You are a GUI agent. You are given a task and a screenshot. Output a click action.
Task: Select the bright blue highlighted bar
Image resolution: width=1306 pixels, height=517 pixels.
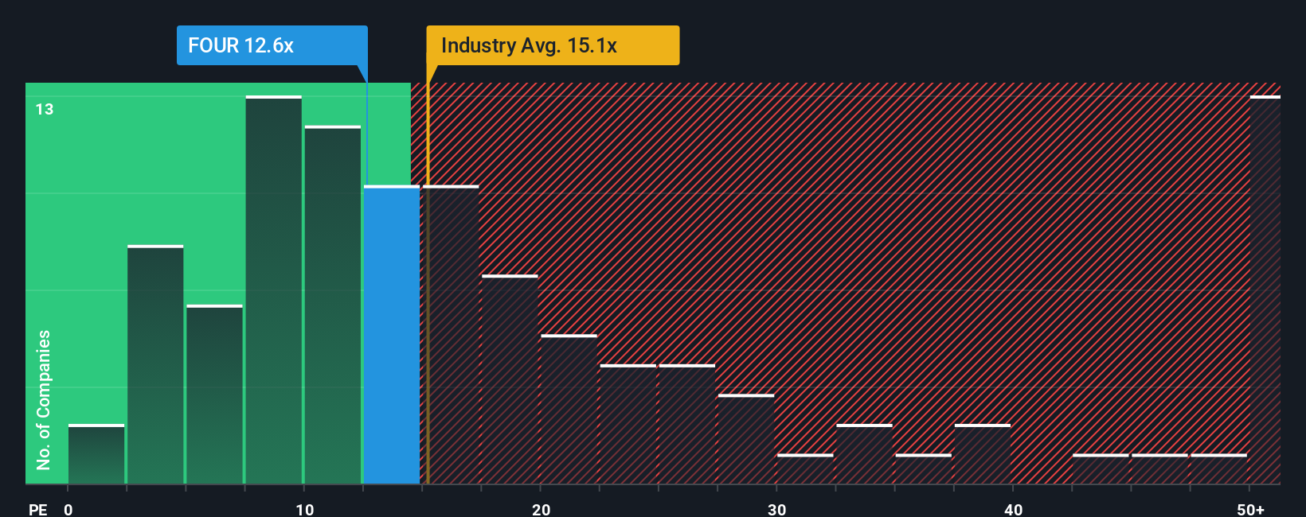click(392, 334)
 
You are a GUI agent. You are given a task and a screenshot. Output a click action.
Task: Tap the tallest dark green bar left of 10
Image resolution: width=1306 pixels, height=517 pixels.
click(273, 290)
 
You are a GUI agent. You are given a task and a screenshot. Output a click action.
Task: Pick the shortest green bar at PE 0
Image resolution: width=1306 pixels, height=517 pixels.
click(96, 455)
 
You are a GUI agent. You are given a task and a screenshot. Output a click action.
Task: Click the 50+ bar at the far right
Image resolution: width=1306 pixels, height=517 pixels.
click(1265, 290)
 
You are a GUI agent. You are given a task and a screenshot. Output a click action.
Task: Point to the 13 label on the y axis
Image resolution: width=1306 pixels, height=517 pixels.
click(45, 110)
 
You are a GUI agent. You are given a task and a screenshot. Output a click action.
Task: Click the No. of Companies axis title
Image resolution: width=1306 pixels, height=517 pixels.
click(44, 399)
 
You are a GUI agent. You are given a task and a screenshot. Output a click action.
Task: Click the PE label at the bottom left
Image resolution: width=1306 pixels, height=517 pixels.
click(37, 509)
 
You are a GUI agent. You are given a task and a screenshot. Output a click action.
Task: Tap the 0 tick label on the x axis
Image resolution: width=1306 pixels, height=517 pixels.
click(68, 509)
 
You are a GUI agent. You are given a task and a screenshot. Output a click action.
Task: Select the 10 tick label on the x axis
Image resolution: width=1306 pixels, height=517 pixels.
click(304, 509)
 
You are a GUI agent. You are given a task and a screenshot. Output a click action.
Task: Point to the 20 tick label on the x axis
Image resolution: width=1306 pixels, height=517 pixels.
click(541, 509)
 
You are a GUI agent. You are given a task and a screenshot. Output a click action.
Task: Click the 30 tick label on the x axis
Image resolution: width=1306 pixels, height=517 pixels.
click(776, 509)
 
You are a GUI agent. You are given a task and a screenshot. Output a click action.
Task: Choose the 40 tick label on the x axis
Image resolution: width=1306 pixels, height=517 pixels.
click(1013, 509)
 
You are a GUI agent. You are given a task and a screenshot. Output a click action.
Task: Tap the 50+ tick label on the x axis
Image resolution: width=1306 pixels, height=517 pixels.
click(1250, 509)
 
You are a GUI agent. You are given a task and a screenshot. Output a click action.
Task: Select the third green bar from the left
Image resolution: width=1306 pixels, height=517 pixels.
click(214, 395)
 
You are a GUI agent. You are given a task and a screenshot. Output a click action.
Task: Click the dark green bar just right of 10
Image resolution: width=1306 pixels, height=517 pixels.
click(332, 305)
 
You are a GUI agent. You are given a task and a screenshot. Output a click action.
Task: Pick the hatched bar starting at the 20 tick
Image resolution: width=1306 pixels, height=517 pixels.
click(569, 410)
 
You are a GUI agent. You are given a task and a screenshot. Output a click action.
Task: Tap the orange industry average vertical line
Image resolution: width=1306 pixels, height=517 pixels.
click(428, 318)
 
